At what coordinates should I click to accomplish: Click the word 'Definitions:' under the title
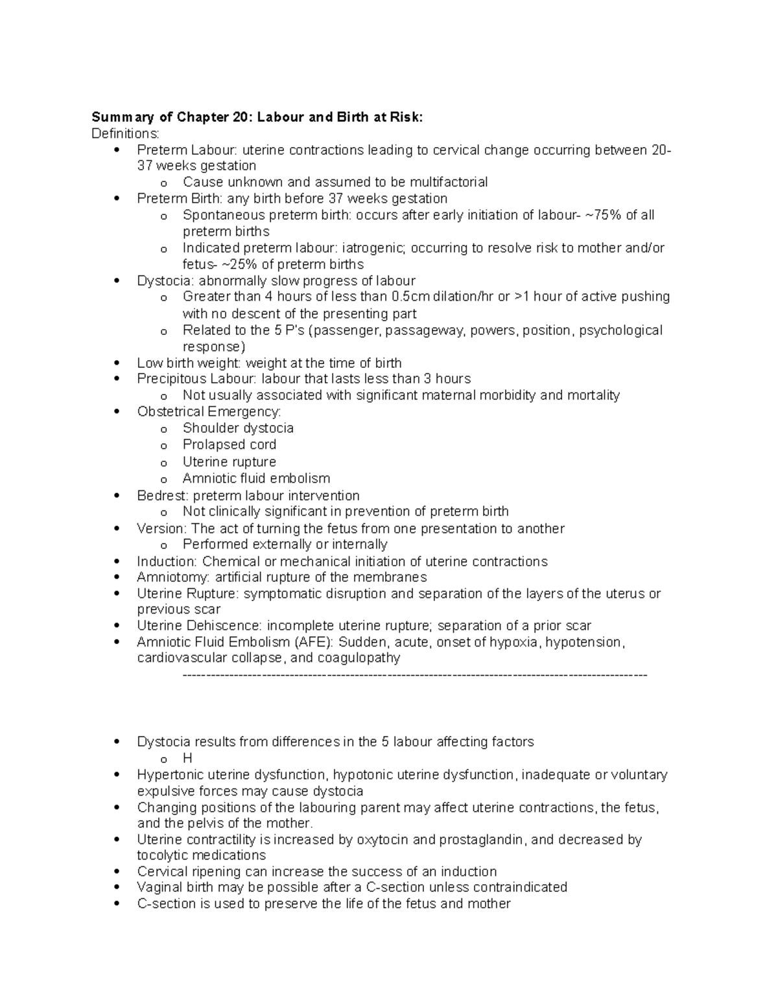pos(125,133)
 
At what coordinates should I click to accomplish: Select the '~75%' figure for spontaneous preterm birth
pos(602,215)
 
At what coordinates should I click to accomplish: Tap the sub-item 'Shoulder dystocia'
pos(238,428)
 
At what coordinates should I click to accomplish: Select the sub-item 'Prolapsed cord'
pos(230,445)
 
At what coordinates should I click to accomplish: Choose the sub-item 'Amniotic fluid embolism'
pos(256,479)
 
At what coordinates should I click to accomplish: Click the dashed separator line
pos(415,676)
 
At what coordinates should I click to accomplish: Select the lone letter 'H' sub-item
pos(187,759)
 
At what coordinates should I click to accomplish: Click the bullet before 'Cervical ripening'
pos(117,872)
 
